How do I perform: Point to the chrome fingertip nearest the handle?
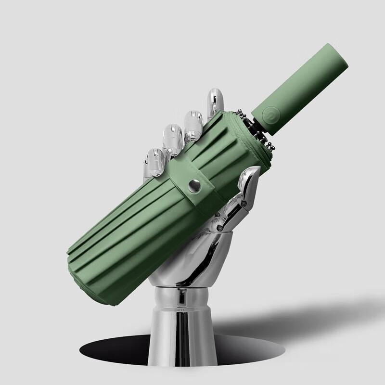(215, 102)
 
